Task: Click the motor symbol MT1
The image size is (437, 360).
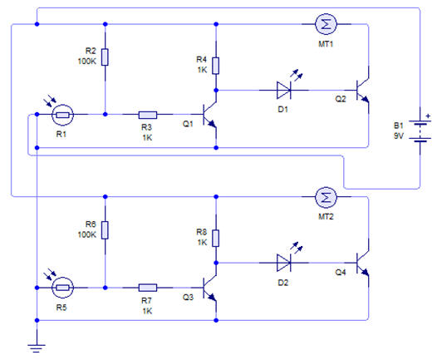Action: pyautogui.click(x=326, y=24)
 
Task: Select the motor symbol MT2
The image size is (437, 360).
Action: pyautogui.click(x=326, y=197)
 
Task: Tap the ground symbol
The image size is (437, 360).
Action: pyautogui.click(x=37, y=348)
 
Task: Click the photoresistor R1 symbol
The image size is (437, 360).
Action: pyautogui.click(x=62, y=115)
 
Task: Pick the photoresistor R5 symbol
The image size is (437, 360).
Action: pyautogui.click(x=62, y=288)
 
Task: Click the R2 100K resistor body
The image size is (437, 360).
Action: pyautogui.click(x=105, y=57)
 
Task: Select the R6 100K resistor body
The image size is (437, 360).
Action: pyautogui.click(x=105, y=230)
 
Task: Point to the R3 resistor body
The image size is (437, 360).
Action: pyautogui.click(x=148, y=115)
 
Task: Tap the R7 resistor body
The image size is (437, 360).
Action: pyautogui.click(x=148, y=288)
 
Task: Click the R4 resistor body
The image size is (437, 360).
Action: pyautogui.click(x=216, y=66)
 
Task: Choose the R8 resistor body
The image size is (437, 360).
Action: pyautogui.click(x=216, y=239)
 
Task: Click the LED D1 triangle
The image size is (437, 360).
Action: pyautogui.click(x=283, y=90)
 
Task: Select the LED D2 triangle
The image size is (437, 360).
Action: pyautogui.click(x=283, y=263)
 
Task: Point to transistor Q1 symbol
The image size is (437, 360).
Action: pyautogui.click(x=209, y=115)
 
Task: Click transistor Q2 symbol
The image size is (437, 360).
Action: pyautogui.click(x=362, y=91)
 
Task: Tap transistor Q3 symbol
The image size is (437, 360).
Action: pyautogui.click(x=209, y=288)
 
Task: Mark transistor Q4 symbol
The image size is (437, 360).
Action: pyautogui.click(x=362, y=264)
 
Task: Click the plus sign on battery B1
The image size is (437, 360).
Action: pyautogui.click(x=428, y=116)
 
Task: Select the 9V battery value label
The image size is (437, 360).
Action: pyautogui.click(x=399, y=136)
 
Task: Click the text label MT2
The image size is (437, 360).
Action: pyautogui.click(x=326, y=216)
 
